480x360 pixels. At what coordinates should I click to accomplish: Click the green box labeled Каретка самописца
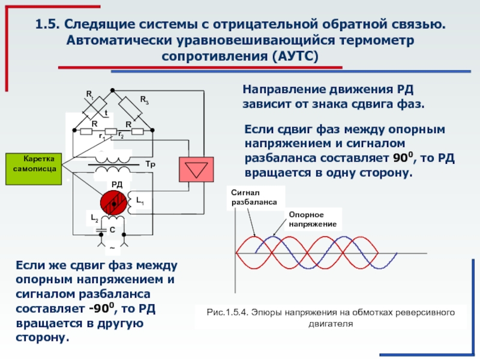point(34,169)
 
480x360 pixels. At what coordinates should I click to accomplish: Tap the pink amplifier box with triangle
point(196,170)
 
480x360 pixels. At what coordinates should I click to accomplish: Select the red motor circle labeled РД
point(113,203)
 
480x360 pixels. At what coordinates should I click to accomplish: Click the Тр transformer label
point(151,164)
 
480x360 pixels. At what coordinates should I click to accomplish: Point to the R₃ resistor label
point(145,100)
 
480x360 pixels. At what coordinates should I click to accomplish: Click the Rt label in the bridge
point(89,95)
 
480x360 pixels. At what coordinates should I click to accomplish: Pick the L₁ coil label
point(140,201)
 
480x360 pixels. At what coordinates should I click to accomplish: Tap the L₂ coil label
point(94,218)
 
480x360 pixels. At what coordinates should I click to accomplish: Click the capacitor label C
point(112,230)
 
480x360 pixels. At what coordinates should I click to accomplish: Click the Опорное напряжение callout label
point(313,220)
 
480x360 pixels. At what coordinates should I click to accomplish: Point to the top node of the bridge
point(112,91)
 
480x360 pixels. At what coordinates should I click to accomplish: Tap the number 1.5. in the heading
point(47,24)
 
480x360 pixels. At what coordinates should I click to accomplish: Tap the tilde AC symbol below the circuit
point(112,248)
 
